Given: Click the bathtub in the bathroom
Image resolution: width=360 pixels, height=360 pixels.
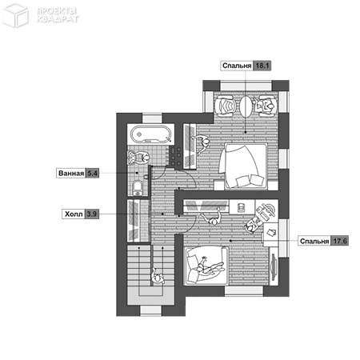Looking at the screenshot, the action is click(x=150, y=134).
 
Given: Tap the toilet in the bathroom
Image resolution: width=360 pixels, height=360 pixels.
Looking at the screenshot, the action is click(x=138, y=188).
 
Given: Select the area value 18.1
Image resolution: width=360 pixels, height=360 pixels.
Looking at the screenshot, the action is click(x=262, y=66).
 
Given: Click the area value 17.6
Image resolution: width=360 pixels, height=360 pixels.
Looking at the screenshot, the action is click(x=339, y=241).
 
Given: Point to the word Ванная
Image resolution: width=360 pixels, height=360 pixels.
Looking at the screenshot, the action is click(x=71, y=174).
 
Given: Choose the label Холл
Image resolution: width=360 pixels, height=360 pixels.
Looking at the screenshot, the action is click(x=74, y=214).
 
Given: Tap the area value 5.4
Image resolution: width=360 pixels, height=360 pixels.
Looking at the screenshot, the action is click(x=92, y=174).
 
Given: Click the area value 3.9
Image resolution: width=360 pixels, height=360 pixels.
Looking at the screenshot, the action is click(x=92, y=214).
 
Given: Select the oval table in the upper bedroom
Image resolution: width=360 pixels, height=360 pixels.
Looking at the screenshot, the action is click(x=246, y=106).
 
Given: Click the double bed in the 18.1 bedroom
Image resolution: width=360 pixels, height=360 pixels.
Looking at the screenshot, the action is click(x=243, y=166).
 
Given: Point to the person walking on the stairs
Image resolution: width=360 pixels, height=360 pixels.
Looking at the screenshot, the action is click(x=158, y=277).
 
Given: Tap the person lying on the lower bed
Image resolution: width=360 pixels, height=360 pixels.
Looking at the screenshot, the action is click(x=210, y=266).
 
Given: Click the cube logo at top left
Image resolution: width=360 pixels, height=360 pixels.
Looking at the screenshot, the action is click(x=15, y=14).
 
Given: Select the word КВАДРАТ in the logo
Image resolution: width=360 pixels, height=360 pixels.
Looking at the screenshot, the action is click(x=58, y=19).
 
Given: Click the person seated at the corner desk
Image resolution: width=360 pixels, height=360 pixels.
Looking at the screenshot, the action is click(x=252, y=226).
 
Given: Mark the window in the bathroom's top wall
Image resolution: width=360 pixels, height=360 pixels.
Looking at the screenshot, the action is click(x=152, y=118).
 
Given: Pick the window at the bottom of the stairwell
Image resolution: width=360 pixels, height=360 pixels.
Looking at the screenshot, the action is click(x=151, y=310).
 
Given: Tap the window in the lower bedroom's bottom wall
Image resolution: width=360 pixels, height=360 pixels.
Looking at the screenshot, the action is click(x=244, y=291).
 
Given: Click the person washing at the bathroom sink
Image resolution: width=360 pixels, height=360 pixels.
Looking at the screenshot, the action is click(x=142, y=158).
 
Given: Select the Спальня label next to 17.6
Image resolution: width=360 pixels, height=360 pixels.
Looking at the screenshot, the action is click(x=314, y=241).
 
